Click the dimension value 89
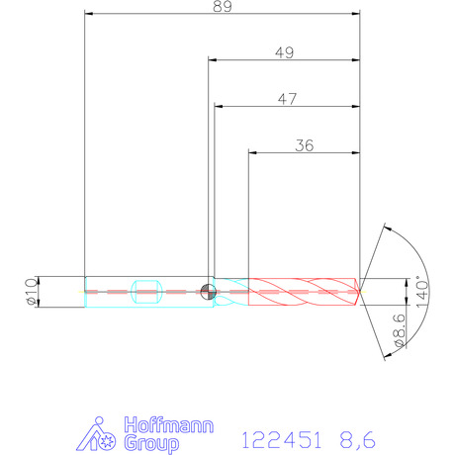[x=223, y=6]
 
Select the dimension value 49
[x=284, y=52]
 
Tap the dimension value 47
[x=287, y=99]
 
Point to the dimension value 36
[x=304, y=145]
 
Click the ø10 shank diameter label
[x=32, y=292]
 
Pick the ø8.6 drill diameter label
[x=400, y=330]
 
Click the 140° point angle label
[x=422, y=292]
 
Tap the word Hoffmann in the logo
[x=169, y=425]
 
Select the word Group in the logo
[x=151, y=443]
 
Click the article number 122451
[x=281, y=440]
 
